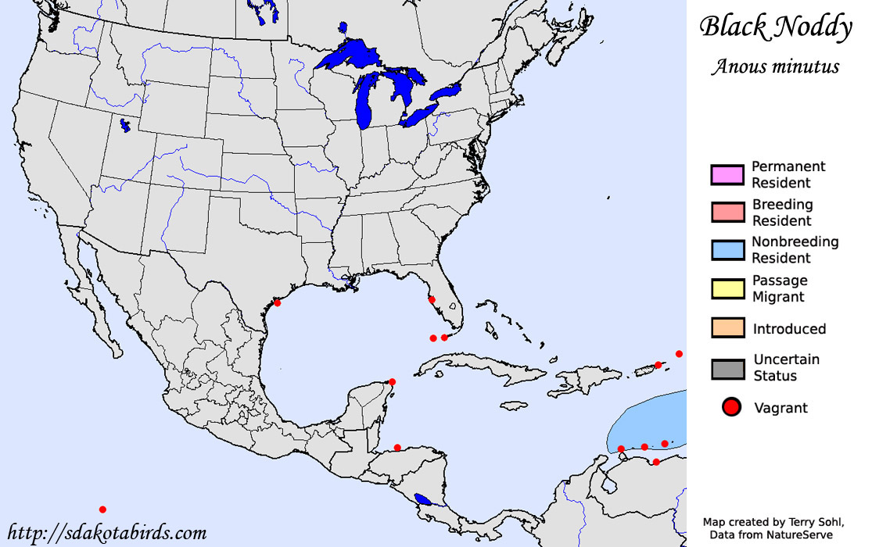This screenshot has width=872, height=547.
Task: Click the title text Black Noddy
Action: point(775,27)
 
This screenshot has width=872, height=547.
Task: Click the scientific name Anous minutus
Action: point(775,66)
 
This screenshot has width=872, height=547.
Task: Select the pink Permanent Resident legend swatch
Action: point(727,175)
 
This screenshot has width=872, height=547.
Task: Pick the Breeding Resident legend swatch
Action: point(727,213)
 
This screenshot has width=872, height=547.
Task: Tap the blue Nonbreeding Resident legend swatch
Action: point(727,250)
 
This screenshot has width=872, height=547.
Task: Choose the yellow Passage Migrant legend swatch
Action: point(727,288)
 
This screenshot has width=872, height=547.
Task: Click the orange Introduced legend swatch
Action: point(727,328)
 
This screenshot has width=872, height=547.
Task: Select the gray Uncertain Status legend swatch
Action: point(727,368)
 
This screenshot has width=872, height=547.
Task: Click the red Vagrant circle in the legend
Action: point(731,407)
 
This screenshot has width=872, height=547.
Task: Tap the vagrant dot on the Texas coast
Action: point(277,302)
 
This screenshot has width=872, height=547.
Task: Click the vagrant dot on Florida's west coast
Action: point(431,299)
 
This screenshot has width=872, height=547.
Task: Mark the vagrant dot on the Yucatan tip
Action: point(392,381)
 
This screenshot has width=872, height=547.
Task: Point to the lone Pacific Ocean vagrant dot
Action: point(102,509)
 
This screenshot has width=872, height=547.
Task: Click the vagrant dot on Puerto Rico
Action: point(658,365)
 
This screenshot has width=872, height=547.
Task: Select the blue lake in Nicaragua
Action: point(423,499)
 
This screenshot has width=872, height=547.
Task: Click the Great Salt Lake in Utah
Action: point(124,125)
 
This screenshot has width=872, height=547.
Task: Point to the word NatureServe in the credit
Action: point(802,534)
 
